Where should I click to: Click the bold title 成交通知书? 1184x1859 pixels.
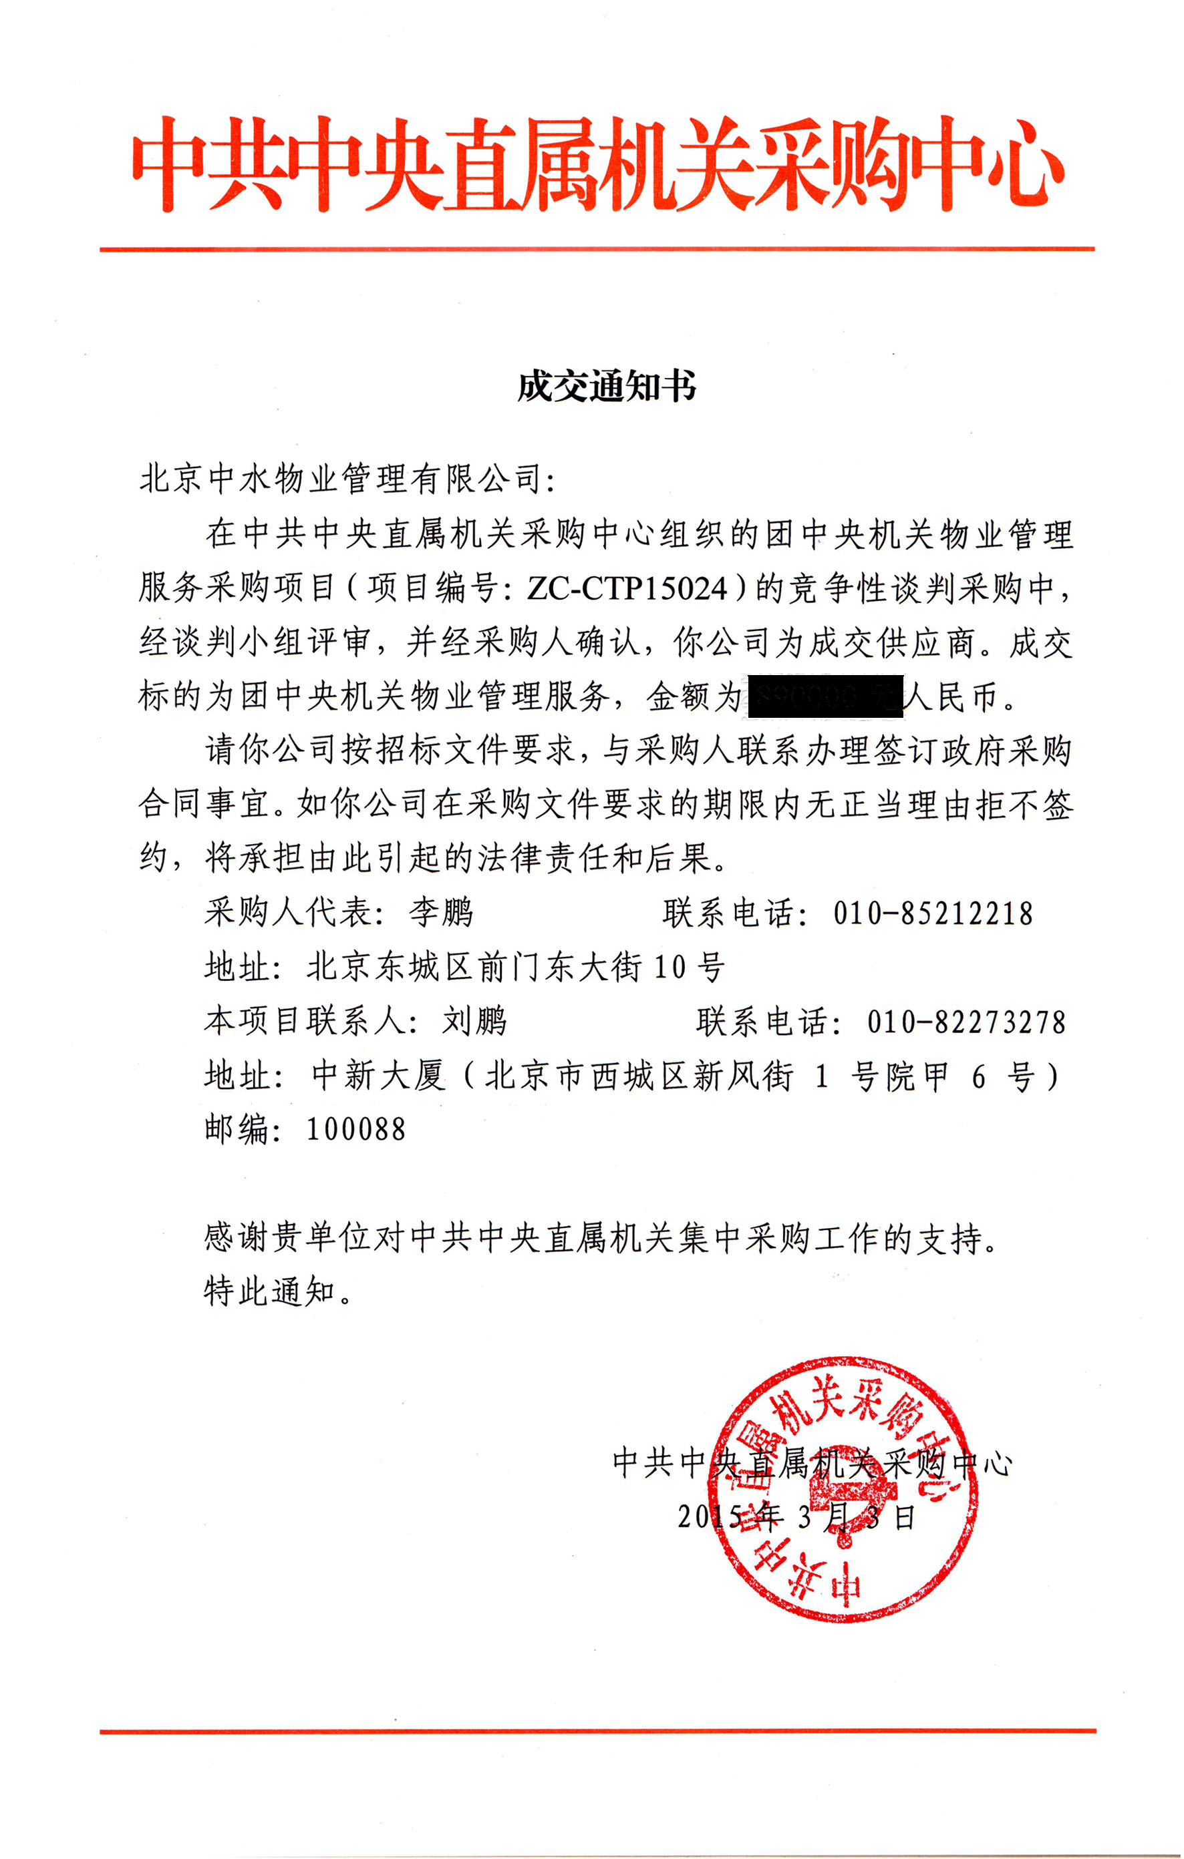point(606,386)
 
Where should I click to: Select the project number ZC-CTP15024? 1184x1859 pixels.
point(627,589)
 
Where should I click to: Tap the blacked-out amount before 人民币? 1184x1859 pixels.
point(821,696)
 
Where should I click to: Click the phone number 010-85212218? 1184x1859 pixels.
point(932,914)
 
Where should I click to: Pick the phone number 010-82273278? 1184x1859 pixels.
point(966,1022)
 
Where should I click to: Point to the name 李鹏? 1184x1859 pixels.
point(440,913)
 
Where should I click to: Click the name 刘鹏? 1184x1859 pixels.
point(474,1022)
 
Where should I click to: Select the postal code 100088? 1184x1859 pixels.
point(355,1129)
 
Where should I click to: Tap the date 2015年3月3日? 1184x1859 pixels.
point(796,1517)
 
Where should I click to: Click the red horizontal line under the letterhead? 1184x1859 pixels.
point(597,249)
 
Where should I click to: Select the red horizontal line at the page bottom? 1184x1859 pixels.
point(597,1731)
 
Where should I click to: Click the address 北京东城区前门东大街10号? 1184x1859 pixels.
point(515,968)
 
